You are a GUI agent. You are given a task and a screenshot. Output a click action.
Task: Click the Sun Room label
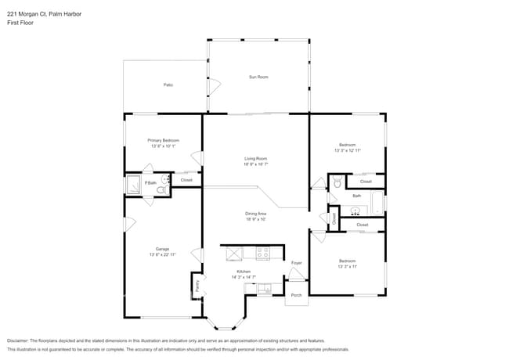coord(258,77)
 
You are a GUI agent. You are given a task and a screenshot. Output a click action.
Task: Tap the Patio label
coord(168,85)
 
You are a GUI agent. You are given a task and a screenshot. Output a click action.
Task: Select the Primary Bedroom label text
coord(164,140)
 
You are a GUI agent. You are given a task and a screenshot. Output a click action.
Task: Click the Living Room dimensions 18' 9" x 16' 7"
coord(255,164)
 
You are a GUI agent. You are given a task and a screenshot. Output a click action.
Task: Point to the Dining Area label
coord(255,213)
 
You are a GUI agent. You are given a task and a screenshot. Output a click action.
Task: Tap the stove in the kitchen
coord(262,253)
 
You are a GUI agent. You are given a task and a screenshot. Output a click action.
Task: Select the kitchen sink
coord(264,289)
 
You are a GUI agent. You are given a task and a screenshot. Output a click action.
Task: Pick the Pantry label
coord(197,286)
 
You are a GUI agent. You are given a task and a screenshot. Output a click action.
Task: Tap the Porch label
coord(296,295)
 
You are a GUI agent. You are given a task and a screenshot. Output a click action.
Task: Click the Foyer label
coord(296,263)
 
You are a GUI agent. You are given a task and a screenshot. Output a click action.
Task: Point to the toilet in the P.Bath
coord(162,189)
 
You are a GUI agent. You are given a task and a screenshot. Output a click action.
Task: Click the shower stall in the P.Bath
coord(133,185)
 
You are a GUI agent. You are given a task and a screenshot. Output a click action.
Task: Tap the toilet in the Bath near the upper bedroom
coord(338,182)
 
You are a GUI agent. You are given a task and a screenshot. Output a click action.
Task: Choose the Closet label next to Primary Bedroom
coord(186,180)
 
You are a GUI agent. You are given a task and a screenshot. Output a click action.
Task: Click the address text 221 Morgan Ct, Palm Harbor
coord(44,14)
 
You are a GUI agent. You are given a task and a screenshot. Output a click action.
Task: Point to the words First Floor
coord(21,23)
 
